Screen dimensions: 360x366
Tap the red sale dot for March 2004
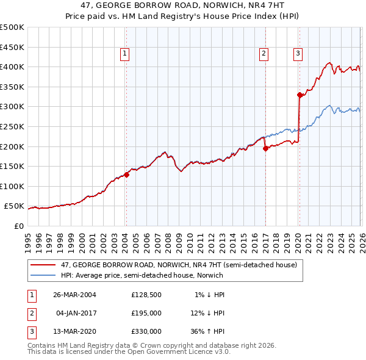(126, 175)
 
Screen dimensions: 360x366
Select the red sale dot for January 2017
(265, 148)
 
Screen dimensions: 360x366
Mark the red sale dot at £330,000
(300, 95)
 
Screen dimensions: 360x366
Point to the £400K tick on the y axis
(12, 67)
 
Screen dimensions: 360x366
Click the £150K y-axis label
(12, 166)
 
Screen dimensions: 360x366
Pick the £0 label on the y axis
(18, 226)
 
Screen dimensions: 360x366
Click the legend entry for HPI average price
(134, 275)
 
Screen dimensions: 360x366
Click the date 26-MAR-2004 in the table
(76, 295)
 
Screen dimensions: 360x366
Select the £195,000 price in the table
(146, 313)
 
